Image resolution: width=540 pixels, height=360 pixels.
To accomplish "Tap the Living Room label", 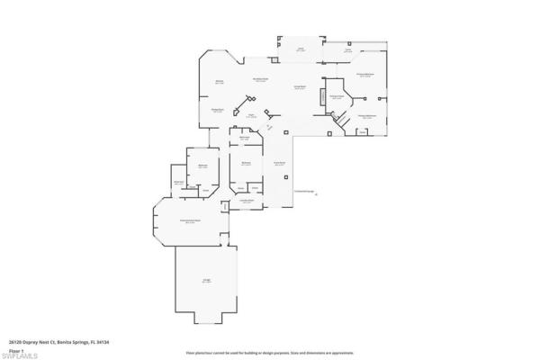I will coord(300,86).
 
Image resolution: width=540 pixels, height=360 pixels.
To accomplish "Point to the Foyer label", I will coord(252,115).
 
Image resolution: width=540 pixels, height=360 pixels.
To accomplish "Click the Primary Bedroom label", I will coord(364,75).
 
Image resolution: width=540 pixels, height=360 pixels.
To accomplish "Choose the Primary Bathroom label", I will coord(365,116).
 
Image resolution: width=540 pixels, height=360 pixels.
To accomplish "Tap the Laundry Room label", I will coord(246,202).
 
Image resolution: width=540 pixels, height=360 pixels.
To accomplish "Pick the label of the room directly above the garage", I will coord(190,221).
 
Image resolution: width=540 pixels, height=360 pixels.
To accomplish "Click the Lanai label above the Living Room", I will coord(301,49).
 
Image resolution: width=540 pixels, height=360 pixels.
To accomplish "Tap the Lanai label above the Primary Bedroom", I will coord(347,51).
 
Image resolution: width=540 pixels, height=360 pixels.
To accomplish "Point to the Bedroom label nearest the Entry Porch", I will coord(246,163).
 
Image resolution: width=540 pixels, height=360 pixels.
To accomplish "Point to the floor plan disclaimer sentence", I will coord(269,352).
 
